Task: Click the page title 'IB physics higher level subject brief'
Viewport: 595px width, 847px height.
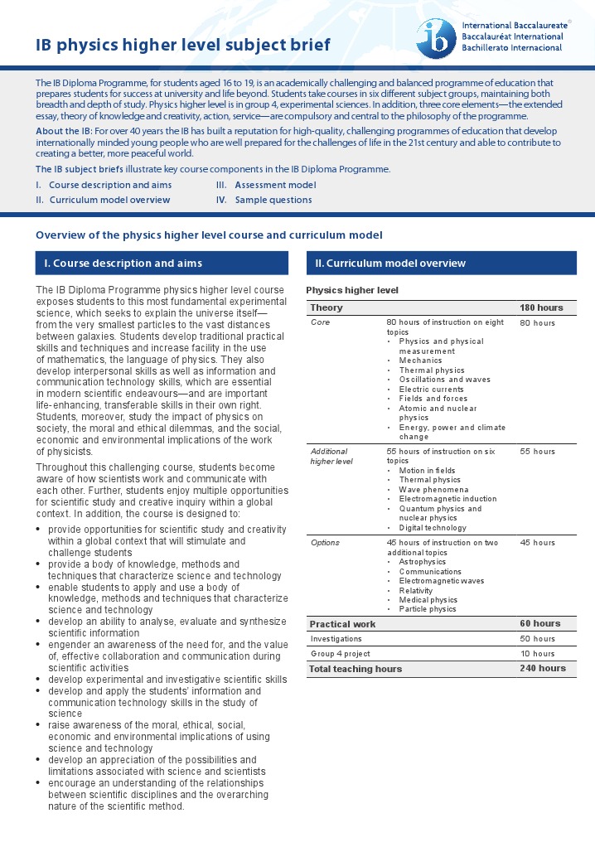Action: pyautogui.click(x=182, y=45)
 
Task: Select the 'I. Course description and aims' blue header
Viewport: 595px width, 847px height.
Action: pyautogui.click(x=162, y=264)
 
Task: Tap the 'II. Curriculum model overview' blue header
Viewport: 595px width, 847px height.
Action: pyautogui.click(x=441, y=264)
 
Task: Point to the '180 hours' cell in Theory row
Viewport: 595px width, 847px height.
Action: pyautogui.click(x=541, y=307)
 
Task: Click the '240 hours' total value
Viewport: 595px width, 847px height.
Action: pyautogui.click(x=543, y=668)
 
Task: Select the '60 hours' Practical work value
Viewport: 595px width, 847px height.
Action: pyautogui.click(x=540, y=623)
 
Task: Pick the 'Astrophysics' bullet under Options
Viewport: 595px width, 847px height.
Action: pyautogui.click(x=423, y=562)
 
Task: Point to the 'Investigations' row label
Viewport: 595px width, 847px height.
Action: pyautogui.click(x=336, y=639)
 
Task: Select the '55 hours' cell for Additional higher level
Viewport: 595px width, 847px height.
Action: pyautogui.click(x=537, y=452)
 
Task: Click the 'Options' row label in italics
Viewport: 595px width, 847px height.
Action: pyautogui.click(x=325, y=543)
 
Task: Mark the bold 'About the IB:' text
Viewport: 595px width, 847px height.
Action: pyautogui.click(x=64, y=132)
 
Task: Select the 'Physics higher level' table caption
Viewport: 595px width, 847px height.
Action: pyautogui.click(x=352, y=290)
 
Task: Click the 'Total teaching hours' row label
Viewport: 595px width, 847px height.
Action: pyautogui.click(x=356, y=669)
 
